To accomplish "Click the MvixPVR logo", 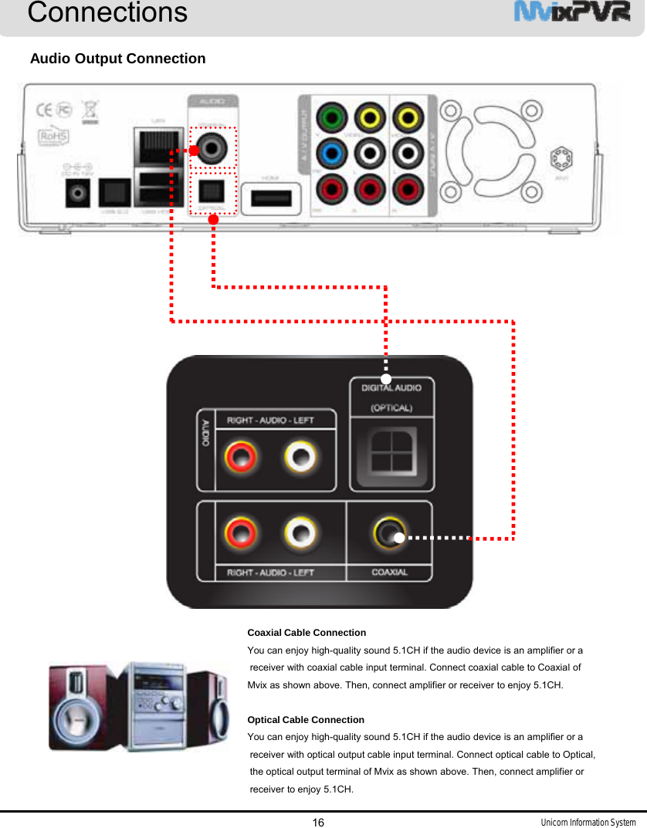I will (x=571, y=13).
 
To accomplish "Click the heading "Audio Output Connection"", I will (x=117, y=59).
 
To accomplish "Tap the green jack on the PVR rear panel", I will (x=332, y=118).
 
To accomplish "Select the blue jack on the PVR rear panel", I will (x=332, y=152).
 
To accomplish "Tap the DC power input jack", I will (x=78, y=193).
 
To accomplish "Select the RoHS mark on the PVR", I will (x=54, y=137).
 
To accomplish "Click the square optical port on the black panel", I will (x=392, y=452).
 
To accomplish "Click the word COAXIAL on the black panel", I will (x=390, y=573).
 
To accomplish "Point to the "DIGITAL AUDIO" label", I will (x=391, y=388).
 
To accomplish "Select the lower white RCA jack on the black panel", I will (x=300, y=532).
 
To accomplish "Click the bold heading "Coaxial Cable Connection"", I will (x=307, y=633).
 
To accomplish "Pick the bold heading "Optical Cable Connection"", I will (x=306, y=720).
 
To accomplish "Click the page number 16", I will (x=318, y=822).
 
